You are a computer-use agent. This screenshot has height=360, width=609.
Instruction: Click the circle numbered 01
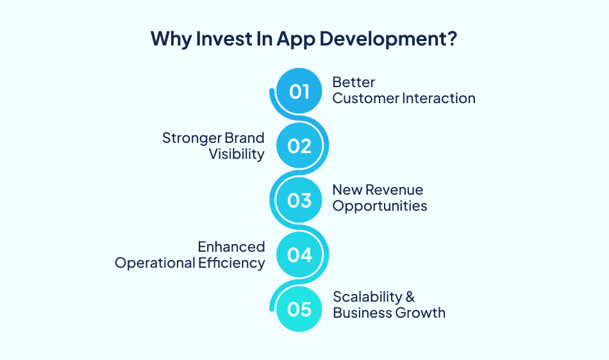[x=299, y=92]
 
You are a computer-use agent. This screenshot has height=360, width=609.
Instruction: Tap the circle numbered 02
[x=299, y=146]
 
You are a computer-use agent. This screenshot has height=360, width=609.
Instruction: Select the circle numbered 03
[x=299, y=200]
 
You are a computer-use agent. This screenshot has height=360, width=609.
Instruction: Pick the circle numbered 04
[x=299, y=255]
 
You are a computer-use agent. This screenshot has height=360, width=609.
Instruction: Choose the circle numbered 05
[x=299, y=309]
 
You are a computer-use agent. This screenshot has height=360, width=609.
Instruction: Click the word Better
[x=353, y=83]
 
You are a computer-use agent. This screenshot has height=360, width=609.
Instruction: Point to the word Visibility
[x=237, y=154]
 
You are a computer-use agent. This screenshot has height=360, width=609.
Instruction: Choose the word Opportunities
[x=380, y=206]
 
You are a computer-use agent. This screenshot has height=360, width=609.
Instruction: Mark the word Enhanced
[x=231, y=247]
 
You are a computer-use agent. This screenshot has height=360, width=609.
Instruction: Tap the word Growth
[x=421, y=313]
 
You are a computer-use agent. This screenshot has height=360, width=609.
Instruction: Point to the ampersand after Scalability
[x=410, y=297]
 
